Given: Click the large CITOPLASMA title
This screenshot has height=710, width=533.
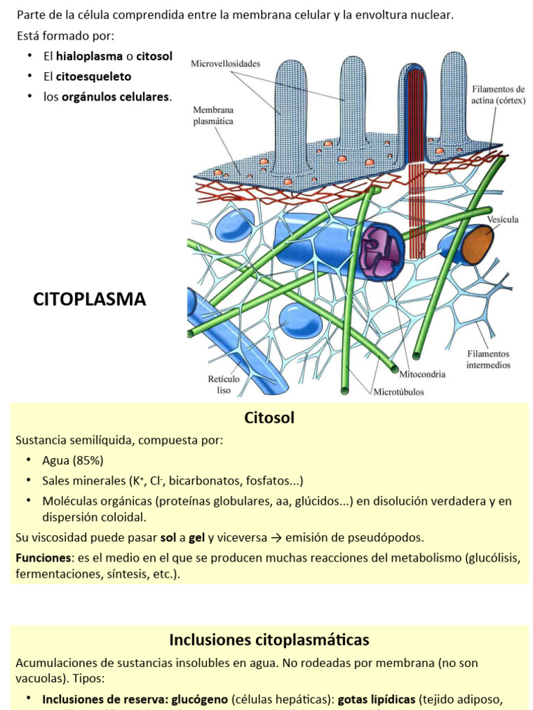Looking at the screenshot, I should [90, 299].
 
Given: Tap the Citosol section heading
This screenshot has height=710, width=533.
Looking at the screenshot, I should [269, 417].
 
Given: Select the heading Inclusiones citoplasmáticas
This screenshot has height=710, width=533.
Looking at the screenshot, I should [269, 639].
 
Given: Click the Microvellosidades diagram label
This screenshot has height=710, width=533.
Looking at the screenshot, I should [226, 64].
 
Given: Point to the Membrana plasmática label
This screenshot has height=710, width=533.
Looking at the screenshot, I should [213, 115].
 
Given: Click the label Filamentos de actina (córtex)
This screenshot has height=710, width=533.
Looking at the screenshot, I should [498, 94].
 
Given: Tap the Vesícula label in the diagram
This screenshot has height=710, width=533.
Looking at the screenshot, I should [502, 219].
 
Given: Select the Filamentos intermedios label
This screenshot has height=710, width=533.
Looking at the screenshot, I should [488, 359].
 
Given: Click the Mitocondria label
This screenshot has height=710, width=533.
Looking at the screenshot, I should [422, 374].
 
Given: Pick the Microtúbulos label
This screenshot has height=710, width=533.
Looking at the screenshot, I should [398, 391].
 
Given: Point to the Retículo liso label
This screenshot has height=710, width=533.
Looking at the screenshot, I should [223, 384].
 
